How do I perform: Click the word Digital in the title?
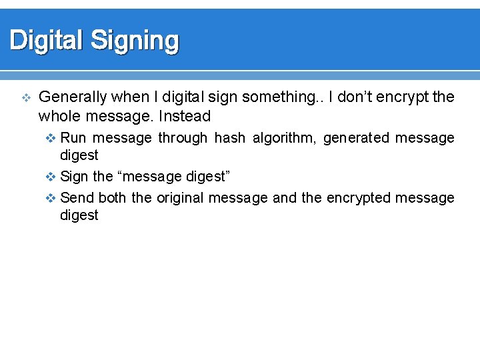pos(47,41)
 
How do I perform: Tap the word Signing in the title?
pos(135,41)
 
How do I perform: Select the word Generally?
pos(73,97)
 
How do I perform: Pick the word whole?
pos(58,117)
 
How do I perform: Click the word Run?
pos(73,138)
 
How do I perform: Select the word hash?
pos(230,138)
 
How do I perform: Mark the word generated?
pos(356,138)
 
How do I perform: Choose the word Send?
pos(77,198)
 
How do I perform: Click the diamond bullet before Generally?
pos(26,98)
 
